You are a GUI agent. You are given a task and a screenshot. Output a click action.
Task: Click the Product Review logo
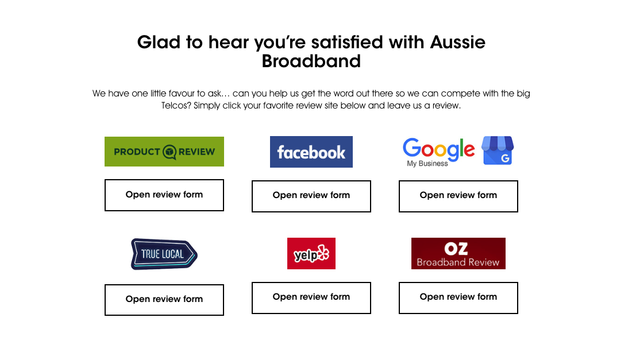pos(164,152)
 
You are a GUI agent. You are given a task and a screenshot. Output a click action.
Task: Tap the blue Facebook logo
pos(311,152)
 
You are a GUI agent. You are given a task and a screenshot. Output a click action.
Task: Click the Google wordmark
pos(438,149)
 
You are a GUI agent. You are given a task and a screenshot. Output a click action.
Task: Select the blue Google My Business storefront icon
pos(498,150)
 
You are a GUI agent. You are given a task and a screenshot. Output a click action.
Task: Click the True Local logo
pos(164,254)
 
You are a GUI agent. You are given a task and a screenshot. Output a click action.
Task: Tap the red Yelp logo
pos(311,253)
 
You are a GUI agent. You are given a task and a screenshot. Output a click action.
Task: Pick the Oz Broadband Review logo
pos(458,253)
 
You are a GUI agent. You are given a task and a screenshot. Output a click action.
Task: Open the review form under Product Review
pos(164,195)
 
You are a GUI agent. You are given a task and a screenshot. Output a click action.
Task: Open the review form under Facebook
pos(311,196)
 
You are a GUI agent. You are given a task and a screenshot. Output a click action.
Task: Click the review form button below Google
pos(458,196)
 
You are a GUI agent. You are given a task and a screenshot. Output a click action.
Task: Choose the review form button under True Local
pos(164,300)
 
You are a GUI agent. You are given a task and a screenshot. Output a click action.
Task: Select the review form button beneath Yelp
pos(311,297)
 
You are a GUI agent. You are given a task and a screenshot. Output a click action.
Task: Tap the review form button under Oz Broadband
pos(458,297)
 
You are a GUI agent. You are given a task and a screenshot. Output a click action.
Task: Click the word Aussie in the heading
pos(458,42)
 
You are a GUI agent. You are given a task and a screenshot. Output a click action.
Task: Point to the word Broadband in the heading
pos(311,61)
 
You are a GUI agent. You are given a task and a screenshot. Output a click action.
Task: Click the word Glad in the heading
pos(159,42)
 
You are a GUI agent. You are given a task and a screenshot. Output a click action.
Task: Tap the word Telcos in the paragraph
pos(176,106)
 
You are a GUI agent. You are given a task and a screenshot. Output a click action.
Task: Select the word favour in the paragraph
pos(182,94)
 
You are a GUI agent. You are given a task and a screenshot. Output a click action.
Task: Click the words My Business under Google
pos(427,164)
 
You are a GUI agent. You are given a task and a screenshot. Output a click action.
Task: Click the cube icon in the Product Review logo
pos(169,152)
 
